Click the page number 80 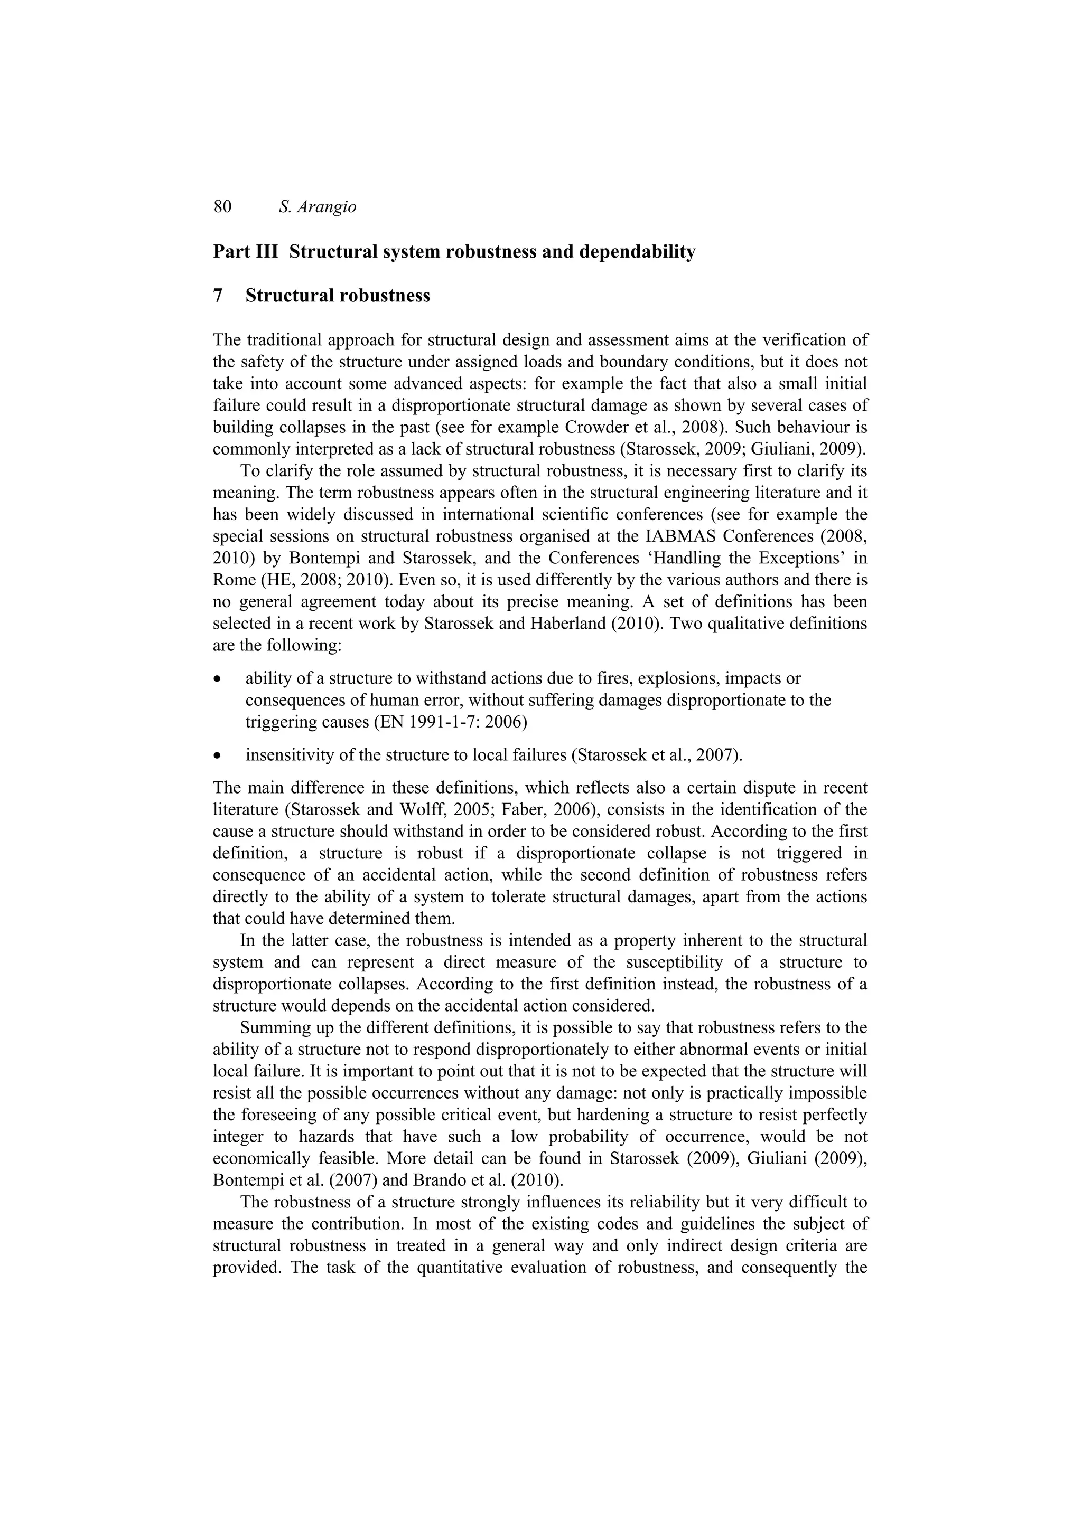[x=222, y=207]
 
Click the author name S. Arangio [x=318, y=207]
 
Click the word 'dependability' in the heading [x=639, y=252]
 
